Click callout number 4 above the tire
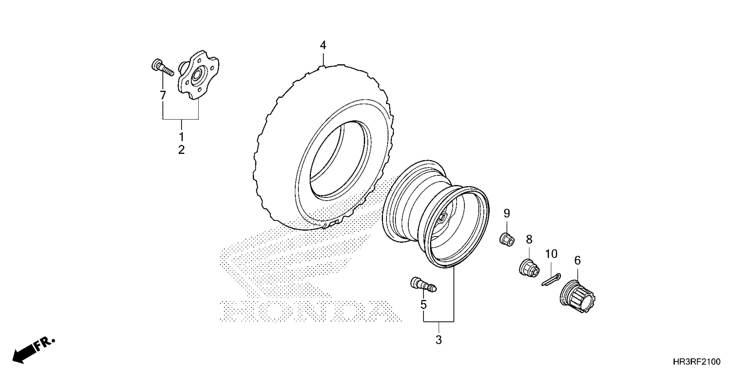[x=323, y=45]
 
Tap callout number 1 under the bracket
[x=181, y=136]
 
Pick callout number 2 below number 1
[x=181, y=150]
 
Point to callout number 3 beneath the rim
[x=439, y=340]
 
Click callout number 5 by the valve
[x=424, y=305]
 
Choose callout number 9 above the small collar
[x=507, y=214]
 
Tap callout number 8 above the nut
[x=529, y=240]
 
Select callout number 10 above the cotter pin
[x=551, y=254]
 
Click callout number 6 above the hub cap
[x=577, y=260]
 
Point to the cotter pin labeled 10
[x=551, y=280]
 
